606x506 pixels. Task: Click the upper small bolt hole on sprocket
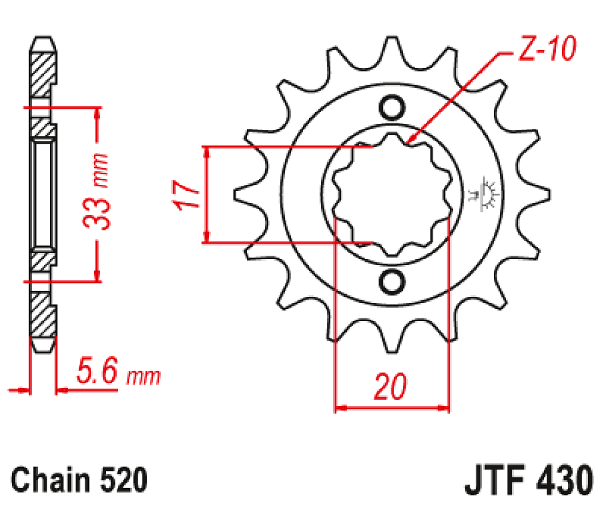391,107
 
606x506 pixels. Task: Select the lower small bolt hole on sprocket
391,281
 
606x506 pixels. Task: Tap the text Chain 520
80,480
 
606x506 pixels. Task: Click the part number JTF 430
529,481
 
